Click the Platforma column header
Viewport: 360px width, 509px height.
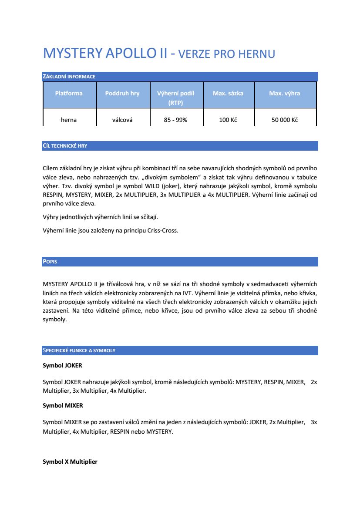pos(69,93)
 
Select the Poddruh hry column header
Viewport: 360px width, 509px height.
pos(122,93)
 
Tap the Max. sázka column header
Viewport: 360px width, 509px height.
pos(228,93)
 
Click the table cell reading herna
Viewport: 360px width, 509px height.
pos(69,120)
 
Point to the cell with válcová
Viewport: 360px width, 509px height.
pos(122,120)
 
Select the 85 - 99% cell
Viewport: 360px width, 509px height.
pos(175,120)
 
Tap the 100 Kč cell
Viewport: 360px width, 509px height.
pos(228,120)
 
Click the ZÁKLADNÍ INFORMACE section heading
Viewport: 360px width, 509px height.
pos(69,77)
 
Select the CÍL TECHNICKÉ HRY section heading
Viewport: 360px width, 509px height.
pos(64,146)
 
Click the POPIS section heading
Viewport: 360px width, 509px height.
pos(50,262)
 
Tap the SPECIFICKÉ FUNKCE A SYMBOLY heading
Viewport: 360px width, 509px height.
pos(79,351)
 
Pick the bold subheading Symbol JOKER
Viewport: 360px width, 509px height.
pos(62,366)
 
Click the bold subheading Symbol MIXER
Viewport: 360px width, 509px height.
pos(63,405)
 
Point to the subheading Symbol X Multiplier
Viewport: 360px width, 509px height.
pos(70,462)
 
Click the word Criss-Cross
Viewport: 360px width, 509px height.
pos(162,230)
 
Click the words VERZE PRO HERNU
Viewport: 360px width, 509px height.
pos(227,54)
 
